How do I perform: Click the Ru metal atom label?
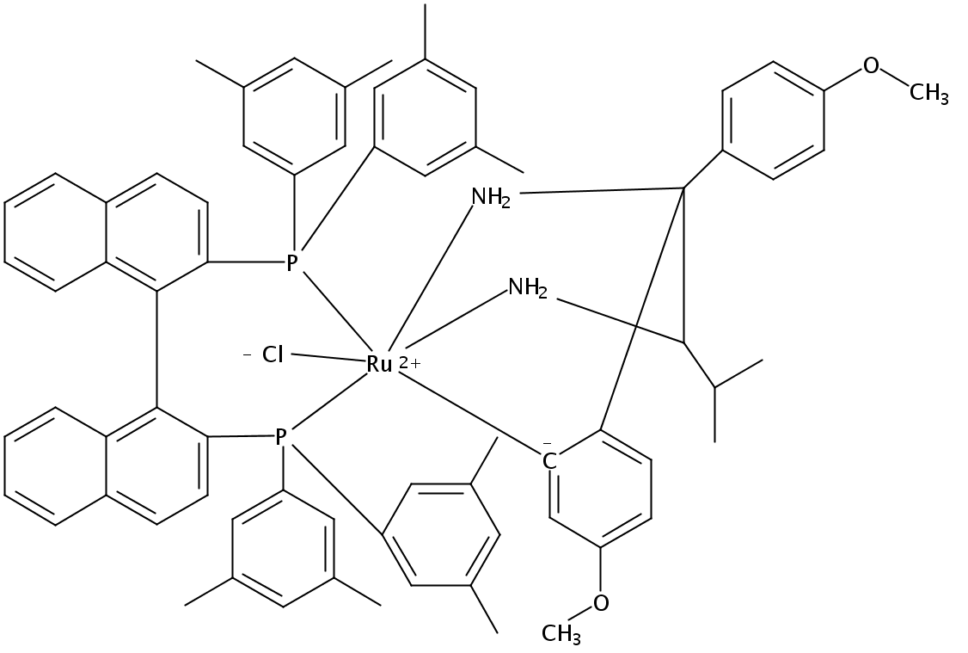[379, 364]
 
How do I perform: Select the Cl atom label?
[273, 354]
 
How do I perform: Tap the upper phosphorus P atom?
[292, 262]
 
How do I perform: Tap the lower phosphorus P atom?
[280, 438]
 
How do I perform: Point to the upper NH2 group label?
[491, 197]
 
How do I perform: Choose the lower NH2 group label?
[527, 286]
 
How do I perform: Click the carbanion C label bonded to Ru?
[549, 461]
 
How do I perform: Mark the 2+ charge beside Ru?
[410, 364]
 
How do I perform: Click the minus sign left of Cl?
[247, 353]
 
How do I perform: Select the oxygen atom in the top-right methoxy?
[872, 65]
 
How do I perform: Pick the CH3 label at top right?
[928, 94]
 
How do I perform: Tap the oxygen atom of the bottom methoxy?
[600, 602]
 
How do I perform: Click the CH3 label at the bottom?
[561, 635]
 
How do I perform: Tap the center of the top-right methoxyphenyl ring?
[772, 120]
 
